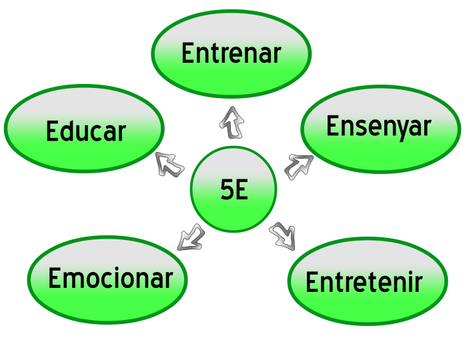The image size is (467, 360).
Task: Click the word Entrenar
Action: [x=231, y=53]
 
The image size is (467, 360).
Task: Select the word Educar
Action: [x=86, y=131]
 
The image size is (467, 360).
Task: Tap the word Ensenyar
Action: [x=379, y=127]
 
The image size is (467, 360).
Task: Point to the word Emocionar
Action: [x=111, y=278]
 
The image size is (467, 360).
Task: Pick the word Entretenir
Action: [x=364, y=281]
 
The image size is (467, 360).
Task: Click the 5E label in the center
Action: [x=234, y=189]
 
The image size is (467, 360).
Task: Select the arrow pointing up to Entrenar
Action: [x=231, y=122]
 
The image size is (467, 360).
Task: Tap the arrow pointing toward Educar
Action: [x=169, y=164]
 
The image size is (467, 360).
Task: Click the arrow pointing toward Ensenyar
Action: [x=299, y=167]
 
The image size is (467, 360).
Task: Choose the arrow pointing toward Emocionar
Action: [x=191, y=238]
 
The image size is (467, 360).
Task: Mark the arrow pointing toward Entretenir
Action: [x=283, y=236]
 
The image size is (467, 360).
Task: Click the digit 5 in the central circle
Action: [x=227, y=189]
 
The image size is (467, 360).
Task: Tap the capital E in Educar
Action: [x=52, y=131]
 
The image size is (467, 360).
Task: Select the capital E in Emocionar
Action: [x=54, y=278]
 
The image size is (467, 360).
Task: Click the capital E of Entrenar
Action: [x=187, y=53]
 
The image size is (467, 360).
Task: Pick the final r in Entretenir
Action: [x=419, y=284]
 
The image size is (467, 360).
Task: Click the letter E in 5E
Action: [x=242, y=189]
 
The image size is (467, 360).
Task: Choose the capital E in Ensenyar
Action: [x=332, y=125]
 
